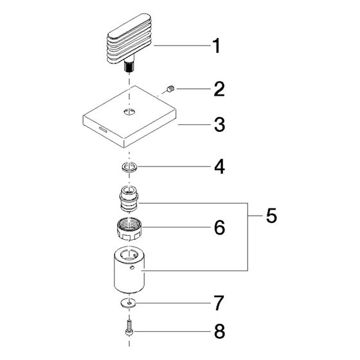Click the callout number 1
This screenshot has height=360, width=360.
[216, 46]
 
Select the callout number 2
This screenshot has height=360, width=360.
[219, 89]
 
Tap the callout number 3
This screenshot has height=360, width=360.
[219, 125]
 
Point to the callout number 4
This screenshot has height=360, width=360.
[219, 166]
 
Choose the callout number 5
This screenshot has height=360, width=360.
[271, 216]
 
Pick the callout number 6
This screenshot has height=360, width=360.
[219, 228]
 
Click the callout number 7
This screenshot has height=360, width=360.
[219, 303]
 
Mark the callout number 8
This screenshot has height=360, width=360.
[219, 331]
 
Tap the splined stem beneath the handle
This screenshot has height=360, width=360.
[130, 66]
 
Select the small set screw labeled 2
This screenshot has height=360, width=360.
[170, 89]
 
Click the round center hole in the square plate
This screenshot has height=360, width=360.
[129, 112]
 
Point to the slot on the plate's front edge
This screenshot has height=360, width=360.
[103, 129]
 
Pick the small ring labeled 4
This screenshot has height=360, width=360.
[130, 167]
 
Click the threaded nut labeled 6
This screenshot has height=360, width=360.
[129, 229]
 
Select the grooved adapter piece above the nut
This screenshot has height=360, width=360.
[129, 199]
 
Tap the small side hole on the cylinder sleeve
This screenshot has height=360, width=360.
[131, 267]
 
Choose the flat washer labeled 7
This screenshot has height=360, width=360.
[128, 303]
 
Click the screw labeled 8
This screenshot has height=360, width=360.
[129, 328]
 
